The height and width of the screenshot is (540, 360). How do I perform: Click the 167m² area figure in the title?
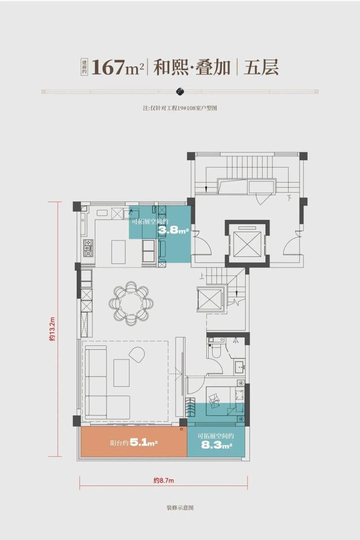point(117,67)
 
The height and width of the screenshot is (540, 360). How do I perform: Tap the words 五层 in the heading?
point(261,67)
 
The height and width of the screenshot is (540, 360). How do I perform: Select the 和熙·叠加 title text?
point(192,67)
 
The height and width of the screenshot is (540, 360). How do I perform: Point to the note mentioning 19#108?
point(180,108)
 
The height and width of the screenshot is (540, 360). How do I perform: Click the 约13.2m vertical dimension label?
point(52,329)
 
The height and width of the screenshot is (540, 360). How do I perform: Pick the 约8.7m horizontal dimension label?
point(163,481)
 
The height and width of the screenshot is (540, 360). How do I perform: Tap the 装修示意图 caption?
point(180,507)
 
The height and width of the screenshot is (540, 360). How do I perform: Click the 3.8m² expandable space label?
point(173,230)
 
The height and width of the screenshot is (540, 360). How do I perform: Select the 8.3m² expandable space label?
point(216,445)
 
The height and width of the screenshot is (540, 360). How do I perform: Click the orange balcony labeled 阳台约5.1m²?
point(134,443)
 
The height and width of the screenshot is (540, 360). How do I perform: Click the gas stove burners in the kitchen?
point(88,248)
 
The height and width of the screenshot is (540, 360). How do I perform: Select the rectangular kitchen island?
point(118,252)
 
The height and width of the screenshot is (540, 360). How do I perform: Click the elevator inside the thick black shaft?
point(247,244)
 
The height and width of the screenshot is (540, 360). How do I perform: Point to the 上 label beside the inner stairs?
point(202,275)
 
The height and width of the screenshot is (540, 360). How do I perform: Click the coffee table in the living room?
point(121,373)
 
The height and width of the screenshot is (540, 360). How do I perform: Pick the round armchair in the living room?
point(138,355)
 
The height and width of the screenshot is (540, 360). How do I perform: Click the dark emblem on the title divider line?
point(180,91)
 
